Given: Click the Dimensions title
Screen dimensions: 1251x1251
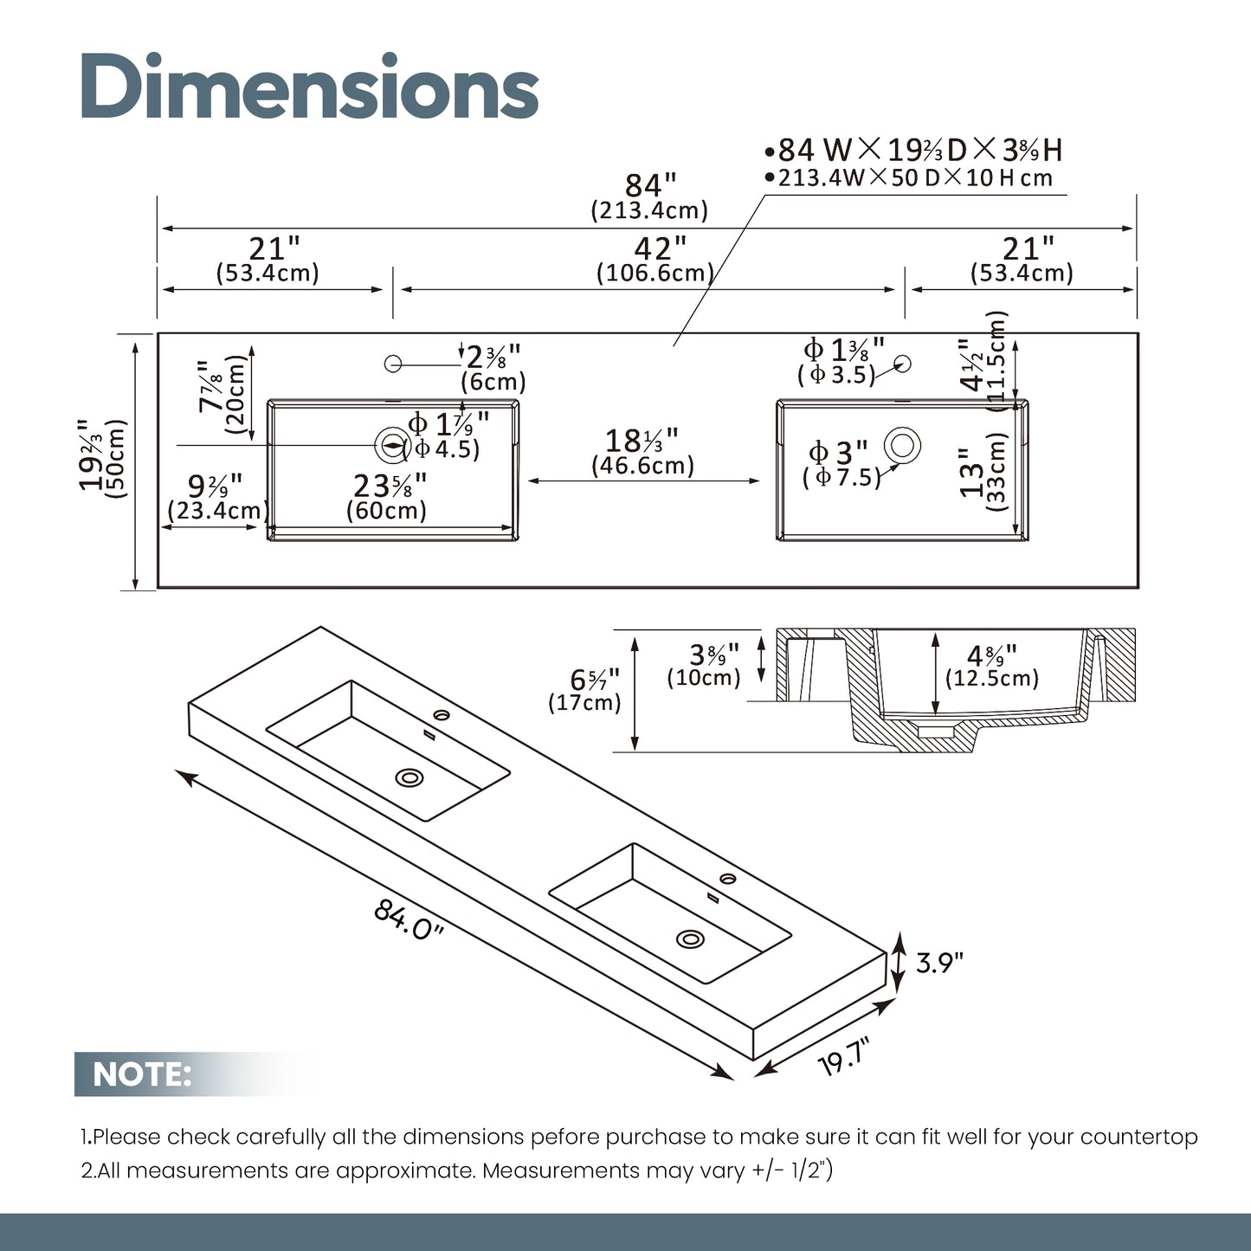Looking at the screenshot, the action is coord(310,87).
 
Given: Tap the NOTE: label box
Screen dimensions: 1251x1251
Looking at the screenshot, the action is coord(142,1074).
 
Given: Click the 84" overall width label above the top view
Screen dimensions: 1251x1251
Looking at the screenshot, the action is coord(650,185).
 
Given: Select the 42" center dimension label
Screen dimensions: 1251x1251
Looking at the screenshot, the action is coord(660,248).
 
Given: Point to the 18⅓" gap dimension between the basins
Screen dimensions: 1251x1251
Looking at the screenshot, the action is coord(642,441).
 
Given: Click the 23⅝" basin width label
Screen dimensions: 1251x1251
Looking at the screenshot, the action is coord(390,486).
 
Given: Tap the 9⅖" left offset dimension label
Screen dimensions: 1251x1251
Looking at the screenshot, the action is coord(215,486).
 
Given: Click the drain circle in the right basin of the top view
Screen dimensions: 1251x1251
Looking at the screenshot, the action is coord(902,445).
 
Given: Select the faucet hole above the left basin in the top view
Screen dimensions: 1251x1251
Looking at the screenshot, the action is coord(393,364).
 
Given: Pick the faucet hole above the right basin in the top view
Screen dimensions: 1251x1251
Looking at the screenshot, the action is coord(902,364).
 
